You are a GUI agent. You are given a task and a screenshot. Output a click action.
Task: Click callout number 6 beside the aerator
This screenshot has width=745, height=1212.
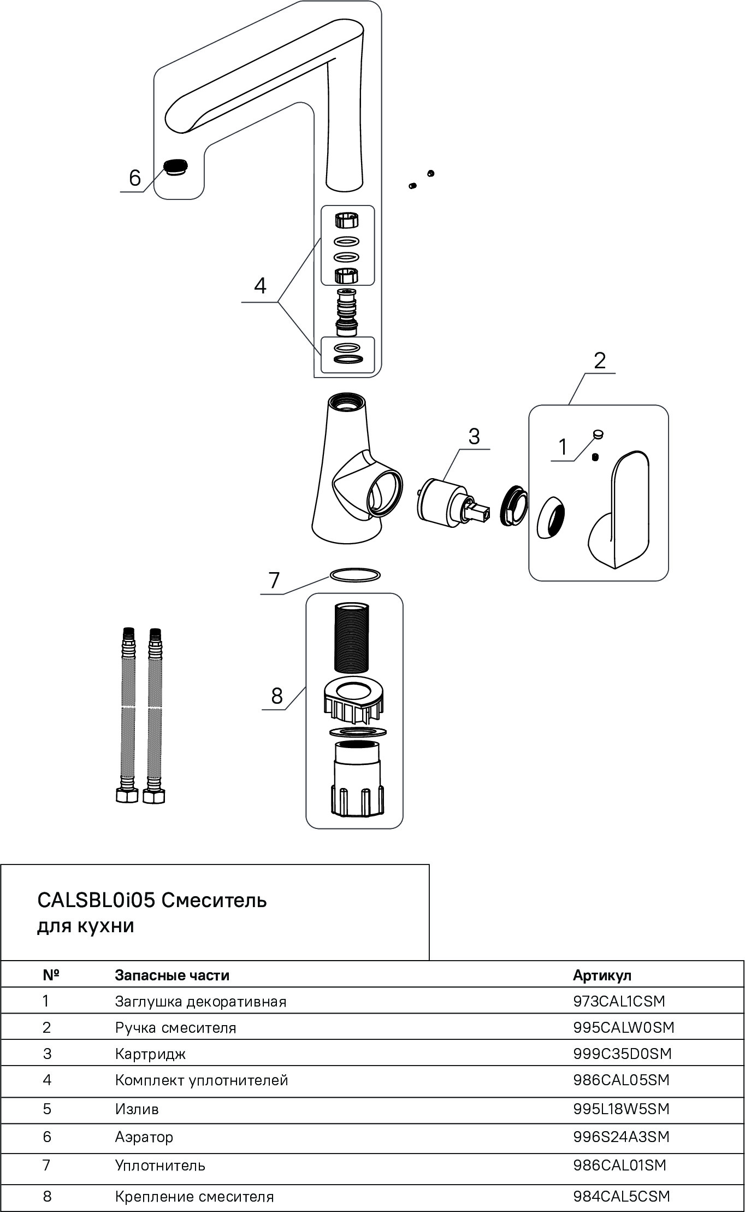point(134,178)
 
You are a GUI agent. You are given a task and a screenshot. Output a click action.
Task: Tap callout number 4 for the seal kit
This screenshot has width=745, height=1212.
point(260,286)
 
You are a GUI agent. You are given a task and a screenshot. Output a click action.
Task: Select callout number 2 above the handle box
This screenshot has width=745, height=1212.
point(599,361)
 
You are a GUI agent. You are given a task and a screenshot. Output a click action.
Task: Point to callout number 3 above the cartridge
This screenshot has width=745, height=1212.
point(474,436)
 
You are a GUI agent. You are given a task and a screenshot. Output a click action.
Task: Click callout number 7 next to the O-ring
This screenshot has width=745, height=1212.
point(274,580)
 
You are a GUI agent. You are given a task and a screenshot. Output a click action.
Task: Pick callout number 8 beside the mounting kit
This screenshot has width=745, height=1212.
point(277,696)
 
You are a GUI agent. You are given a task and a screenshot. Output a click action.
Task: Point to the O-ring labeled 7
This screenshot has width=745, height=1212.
point(354,575)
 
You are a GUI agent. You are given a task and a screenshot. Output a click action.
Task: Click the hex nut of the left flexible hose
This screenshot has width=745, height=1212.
point(127,796)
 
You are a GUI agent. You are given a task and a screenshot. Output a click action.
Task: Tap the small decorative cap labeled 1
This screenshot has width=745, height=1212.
point(598,434)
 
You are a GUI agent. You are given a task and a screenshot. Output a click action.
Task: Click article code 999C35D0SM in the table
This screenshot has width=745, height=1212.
point(622,1054)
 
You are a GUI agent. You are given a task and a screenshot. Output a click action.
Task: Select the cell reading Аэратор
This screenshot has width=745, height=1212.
point(144,1137)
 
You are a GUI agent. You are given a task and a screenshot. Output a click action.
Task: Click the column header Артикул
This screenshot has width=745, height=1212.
point(602,975)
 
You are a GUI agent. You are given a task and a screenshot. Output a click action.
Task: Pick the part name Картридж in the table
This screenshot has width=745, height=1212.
point(150,1054)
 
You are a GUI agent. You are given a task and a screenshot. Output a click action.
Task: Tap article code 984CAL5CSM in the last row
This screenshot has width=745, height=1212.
point(621,1196)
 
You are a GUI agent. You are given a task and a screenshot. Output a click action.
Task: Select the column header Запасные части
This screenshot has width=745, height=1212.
point(172,975)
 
